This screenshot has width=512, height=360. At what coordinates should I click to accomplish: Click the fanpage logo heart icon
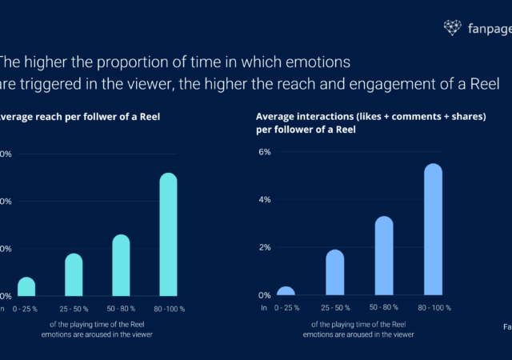click(454, 28)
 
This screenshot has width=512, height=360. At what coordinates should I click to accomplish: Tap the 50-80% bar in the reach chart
click(121, 265)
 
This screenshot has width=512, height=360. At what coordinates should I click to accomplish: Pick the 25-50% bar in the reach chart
click(74, 274)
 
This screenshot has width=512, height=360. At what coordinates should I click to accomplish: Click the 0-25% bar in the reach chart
click(26, 286)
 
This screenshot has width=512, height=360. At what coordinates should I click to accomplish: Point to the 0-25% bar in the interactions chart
click(286, 291)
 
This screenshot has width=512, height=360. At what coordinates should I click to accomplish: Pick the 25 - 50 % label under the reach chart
click(74, 308)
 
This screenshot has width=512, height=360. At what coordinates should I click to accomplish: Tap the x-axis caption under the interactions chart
click(358, 330)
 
